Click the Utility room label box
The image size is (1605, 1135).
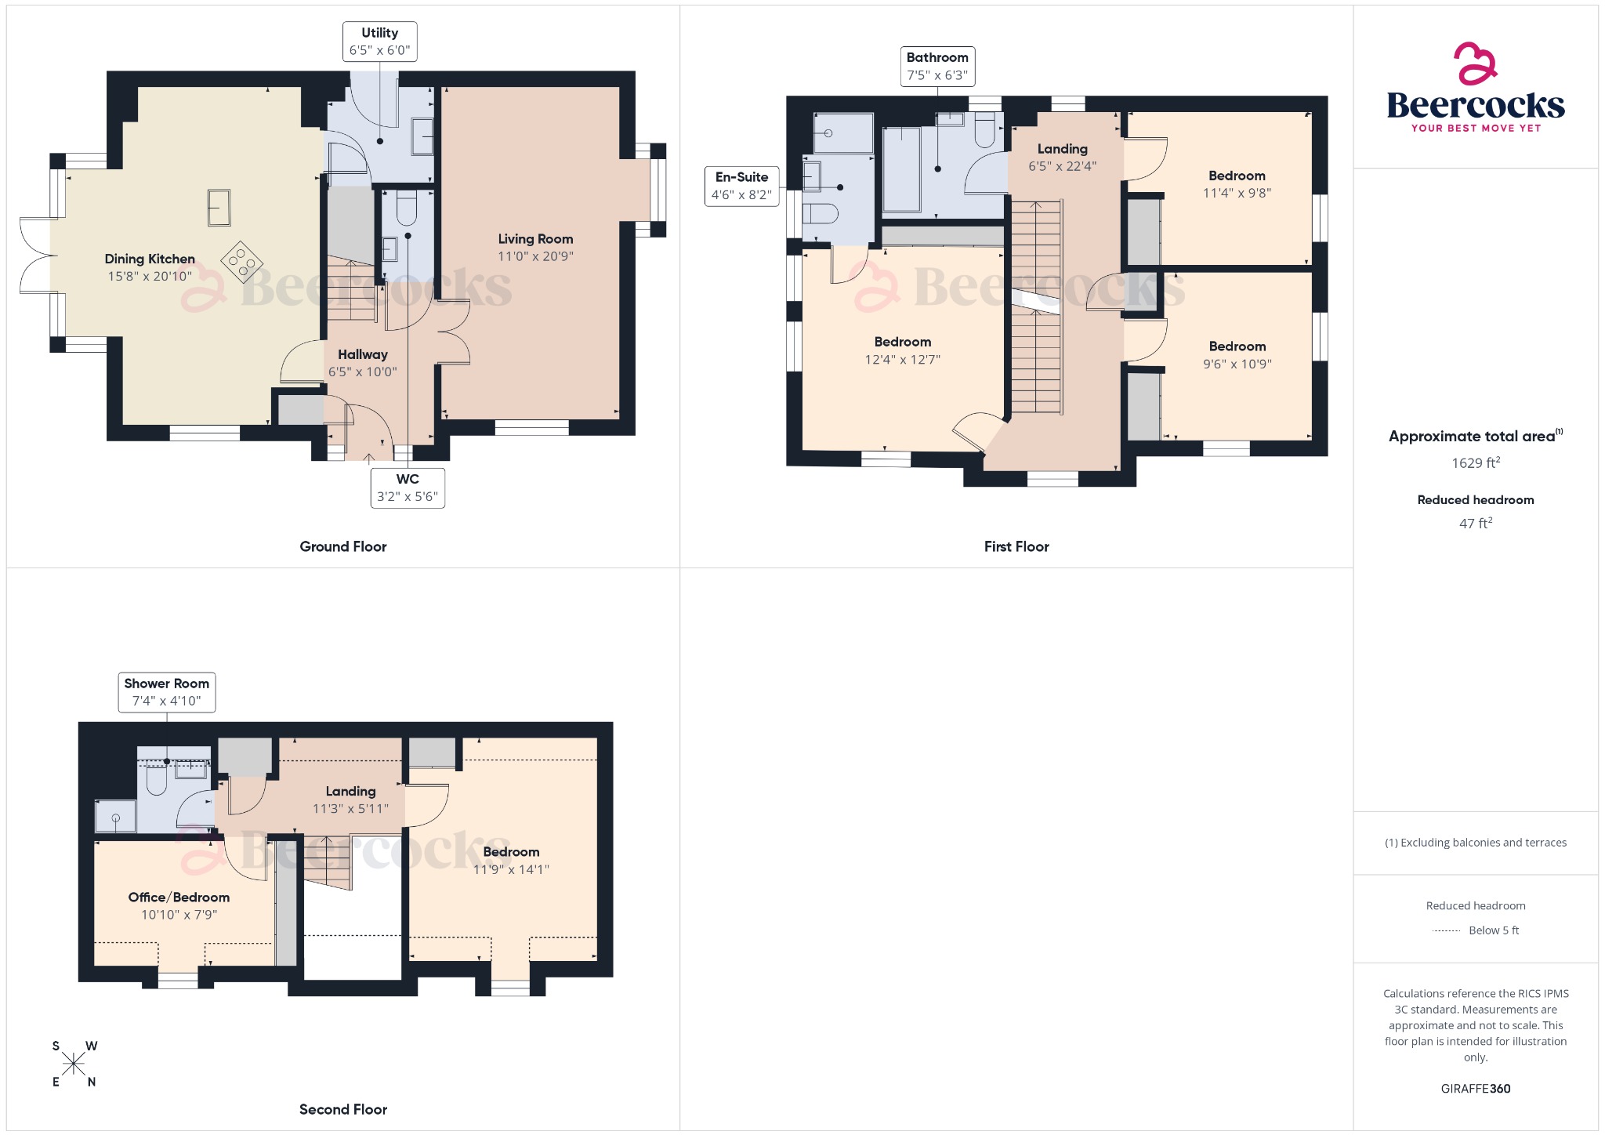[379, 42]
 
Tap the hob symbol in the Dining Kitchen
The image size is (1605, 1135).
[241, 262]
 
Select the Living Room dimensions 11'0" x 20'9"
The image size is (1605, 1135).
[535, 256]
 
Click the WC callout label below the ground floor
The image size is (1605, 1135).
[408, 488]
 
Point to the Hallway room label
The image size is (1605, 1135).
[363, 354]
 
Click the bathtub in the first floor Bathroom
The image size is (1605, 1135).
[901, 170]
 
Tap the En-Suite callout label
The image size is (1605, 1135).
[741, 186]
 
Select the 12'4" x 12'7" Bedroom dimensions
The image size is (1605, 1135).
[902, 360]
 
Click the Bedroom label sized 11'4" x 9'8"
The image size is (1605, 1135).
[1237, 176]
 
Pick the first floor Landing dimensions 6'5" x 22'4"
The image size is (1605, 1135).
[1062, 166]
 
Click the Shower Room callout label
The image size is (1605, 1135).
[166, 692]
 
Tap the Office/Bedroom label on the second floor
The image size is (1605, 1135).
[179, 897]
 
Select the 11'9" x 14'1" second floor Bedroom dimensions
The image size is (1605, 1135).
[511, 869]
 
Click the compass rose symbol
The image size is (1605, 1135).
[74, 1064]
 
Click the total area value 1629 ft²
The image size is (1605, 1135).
[1475, 463]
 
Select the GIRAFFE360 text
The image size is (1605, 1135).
[1475, 1089]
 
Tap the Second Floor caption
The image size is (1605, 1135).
[343, 1109]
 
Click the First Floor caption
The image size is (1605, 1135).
[1016, 546]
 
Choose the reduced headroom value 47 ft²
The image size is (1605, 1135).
[1475, 524]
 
